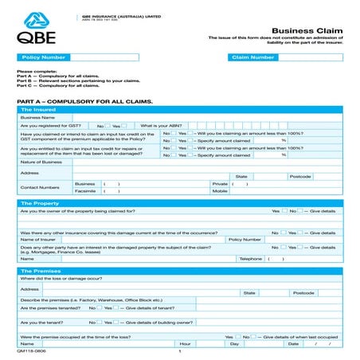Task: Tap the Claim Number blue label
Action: (x=252, y=57)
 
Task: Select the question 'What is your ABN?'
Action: (x=161, y=126)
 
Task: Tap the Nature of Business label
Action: (x=41, y=162)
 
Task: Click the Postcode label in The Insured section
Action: (x=299, y=176)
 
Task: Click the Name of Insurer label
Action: (x=38, y=239)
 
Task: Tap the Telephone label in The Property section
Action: (x=251, y=259)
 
